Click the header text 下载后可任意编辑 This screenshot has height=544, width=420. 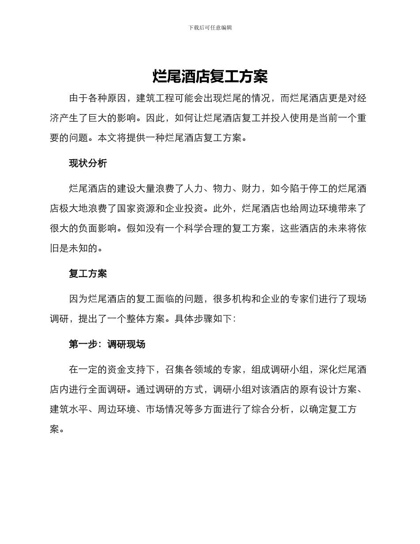tap(210, 27)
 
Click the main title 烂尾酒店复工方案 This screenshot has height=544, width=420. tap(210, 77)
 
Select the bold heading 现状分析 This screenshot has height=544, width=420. tap(88, 163)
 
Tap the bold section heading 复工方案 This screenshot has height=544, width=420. tap(88, 274)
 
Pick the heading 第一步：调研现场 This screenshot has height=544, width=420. tap(107, 344)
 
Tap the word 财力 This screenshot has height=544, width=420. tap(252, 189)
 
